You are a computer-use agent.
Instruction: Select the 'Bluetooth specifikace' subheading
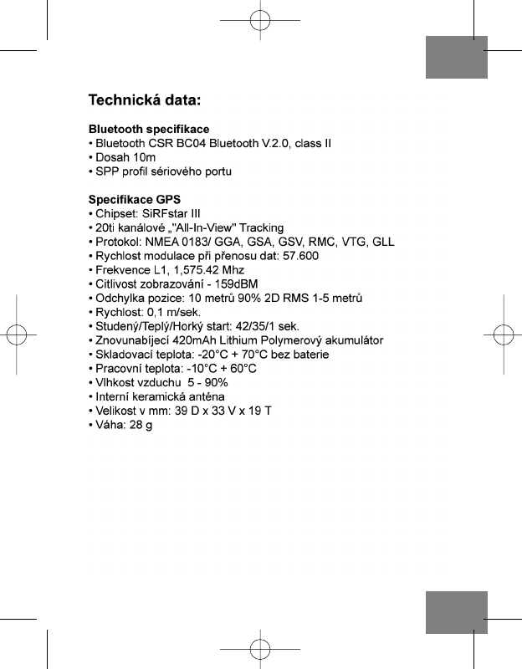[149, 130]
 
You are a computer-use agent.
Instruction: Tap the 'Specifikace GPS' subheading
[135, 200]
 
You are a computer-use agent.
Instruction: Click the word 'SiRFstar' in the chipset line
[165, 214]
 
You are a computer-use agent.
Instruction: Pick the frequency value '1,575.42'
[193, 270]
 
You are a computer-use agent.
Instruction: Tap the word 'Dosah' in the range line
[113, 157]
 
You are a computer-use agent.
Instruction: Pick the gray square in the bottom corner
[456, 612]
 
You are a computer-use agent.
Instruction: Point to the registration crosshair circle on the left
[20, 334]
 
